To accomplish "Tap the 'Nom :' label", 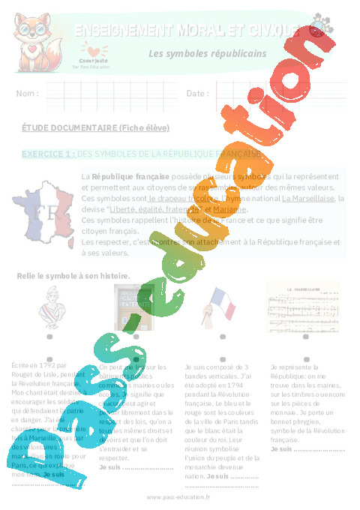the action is pyautogui.click(x=27, y=94).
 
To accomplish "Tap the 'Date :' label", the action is pyautogui.click(x=198, y=94).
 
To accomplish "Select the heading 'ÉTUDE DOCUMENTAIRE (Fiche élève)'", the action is pyautogui.click(x=95, y=127).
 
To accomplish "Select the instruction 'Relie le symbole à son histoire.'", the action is pyautogui.click(x=73, y=276).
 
